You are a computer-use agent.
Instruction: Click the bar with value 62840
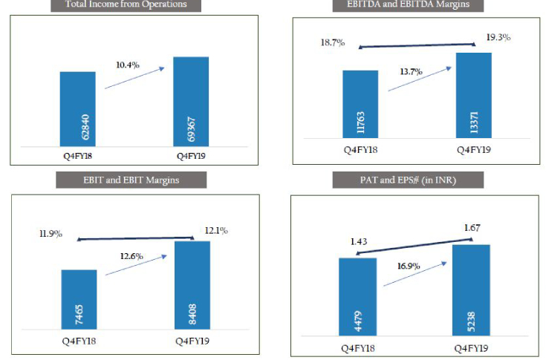[x=77, y=109]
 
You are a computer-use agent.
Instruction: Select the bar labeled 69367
[x=191, y=102]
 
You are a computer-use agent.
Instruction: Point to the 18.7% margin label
[x=333, y=43]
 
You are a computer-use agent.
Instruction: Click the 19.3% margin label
[x=500, y=36]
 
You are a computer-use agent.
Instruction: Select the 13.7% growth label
[x=409, y=72]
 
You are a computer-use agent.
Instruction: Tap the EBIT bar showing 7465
[x=79, y=299]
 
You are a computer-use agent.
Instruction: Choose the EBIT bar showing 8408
[x=192, y=285]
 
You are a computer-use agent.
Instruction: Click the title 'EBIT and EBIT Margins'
[x=131, y=180]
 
